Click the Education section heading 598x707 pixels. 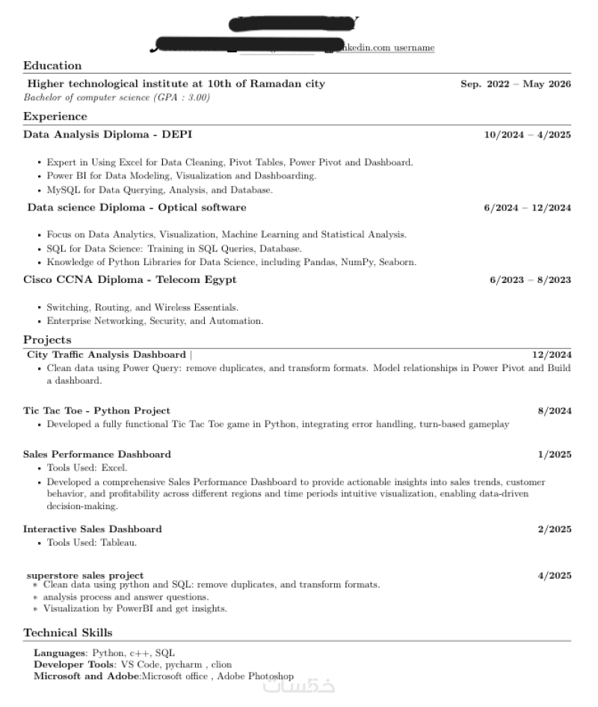52,66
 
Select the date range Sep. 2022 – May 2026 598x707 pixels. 515,84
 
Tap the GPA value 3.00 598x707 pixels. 197,98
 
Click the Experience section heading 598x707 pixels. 55,116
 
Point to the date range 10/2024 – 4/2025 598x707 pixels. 527,135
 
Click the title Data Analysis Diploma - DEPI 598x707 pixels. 108,134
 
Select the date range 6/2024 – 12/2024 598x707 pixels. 527,208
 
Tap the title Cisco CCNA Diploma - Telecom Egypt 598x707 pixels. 130,280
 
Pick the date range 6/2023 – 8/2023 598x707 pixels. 530,280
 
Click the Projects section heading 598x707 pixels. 47,340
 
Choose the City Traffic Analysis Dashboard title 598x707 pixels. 106,355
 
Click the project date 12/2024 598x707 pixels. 552,355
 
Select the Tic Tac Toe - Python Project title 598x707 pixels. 96,411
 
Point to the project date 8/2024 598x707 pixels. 555,411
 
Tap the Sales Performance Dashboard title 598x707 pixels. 97,454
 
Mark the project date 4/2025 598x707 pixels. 555,576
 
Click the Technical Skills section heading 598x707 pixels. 68,633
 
